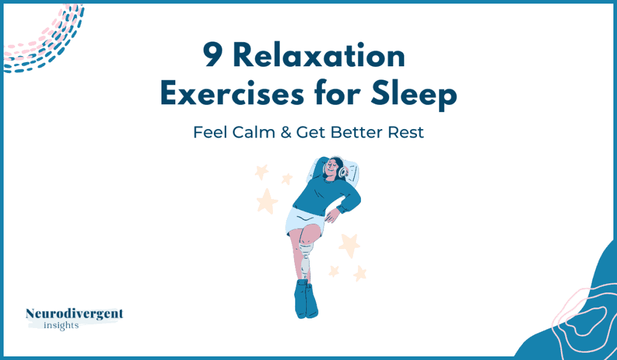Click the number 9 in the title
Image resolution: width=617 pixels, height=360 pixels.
[213, 55]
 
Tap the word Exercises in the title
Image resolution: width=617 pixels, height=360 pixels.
[233, 94]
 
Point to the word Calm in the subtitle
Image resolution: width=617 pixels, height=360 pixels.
[254, 132]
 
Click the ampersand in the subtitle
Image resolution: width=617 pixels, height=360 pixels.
[286, 132]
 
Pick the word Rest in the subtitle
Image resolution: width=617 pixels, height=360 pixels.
[406, 132]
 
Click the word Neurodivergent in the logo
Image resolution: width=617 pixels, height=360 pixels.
[74, 314]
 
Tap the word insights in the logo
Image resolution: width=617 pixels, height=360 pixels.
[61, 326]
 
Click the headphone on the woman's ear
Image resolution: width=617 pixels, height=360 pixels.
[343, 172]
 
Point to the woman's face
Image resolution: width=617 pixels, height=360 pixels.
[332, 169]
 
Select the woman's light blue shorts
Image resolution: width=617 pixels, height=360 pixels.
[304, 223]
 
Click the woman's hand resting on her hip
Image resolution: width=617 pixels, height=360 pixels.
[331, 215]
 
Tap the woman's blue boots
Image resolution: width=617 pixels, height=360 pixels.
[305, 298]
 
